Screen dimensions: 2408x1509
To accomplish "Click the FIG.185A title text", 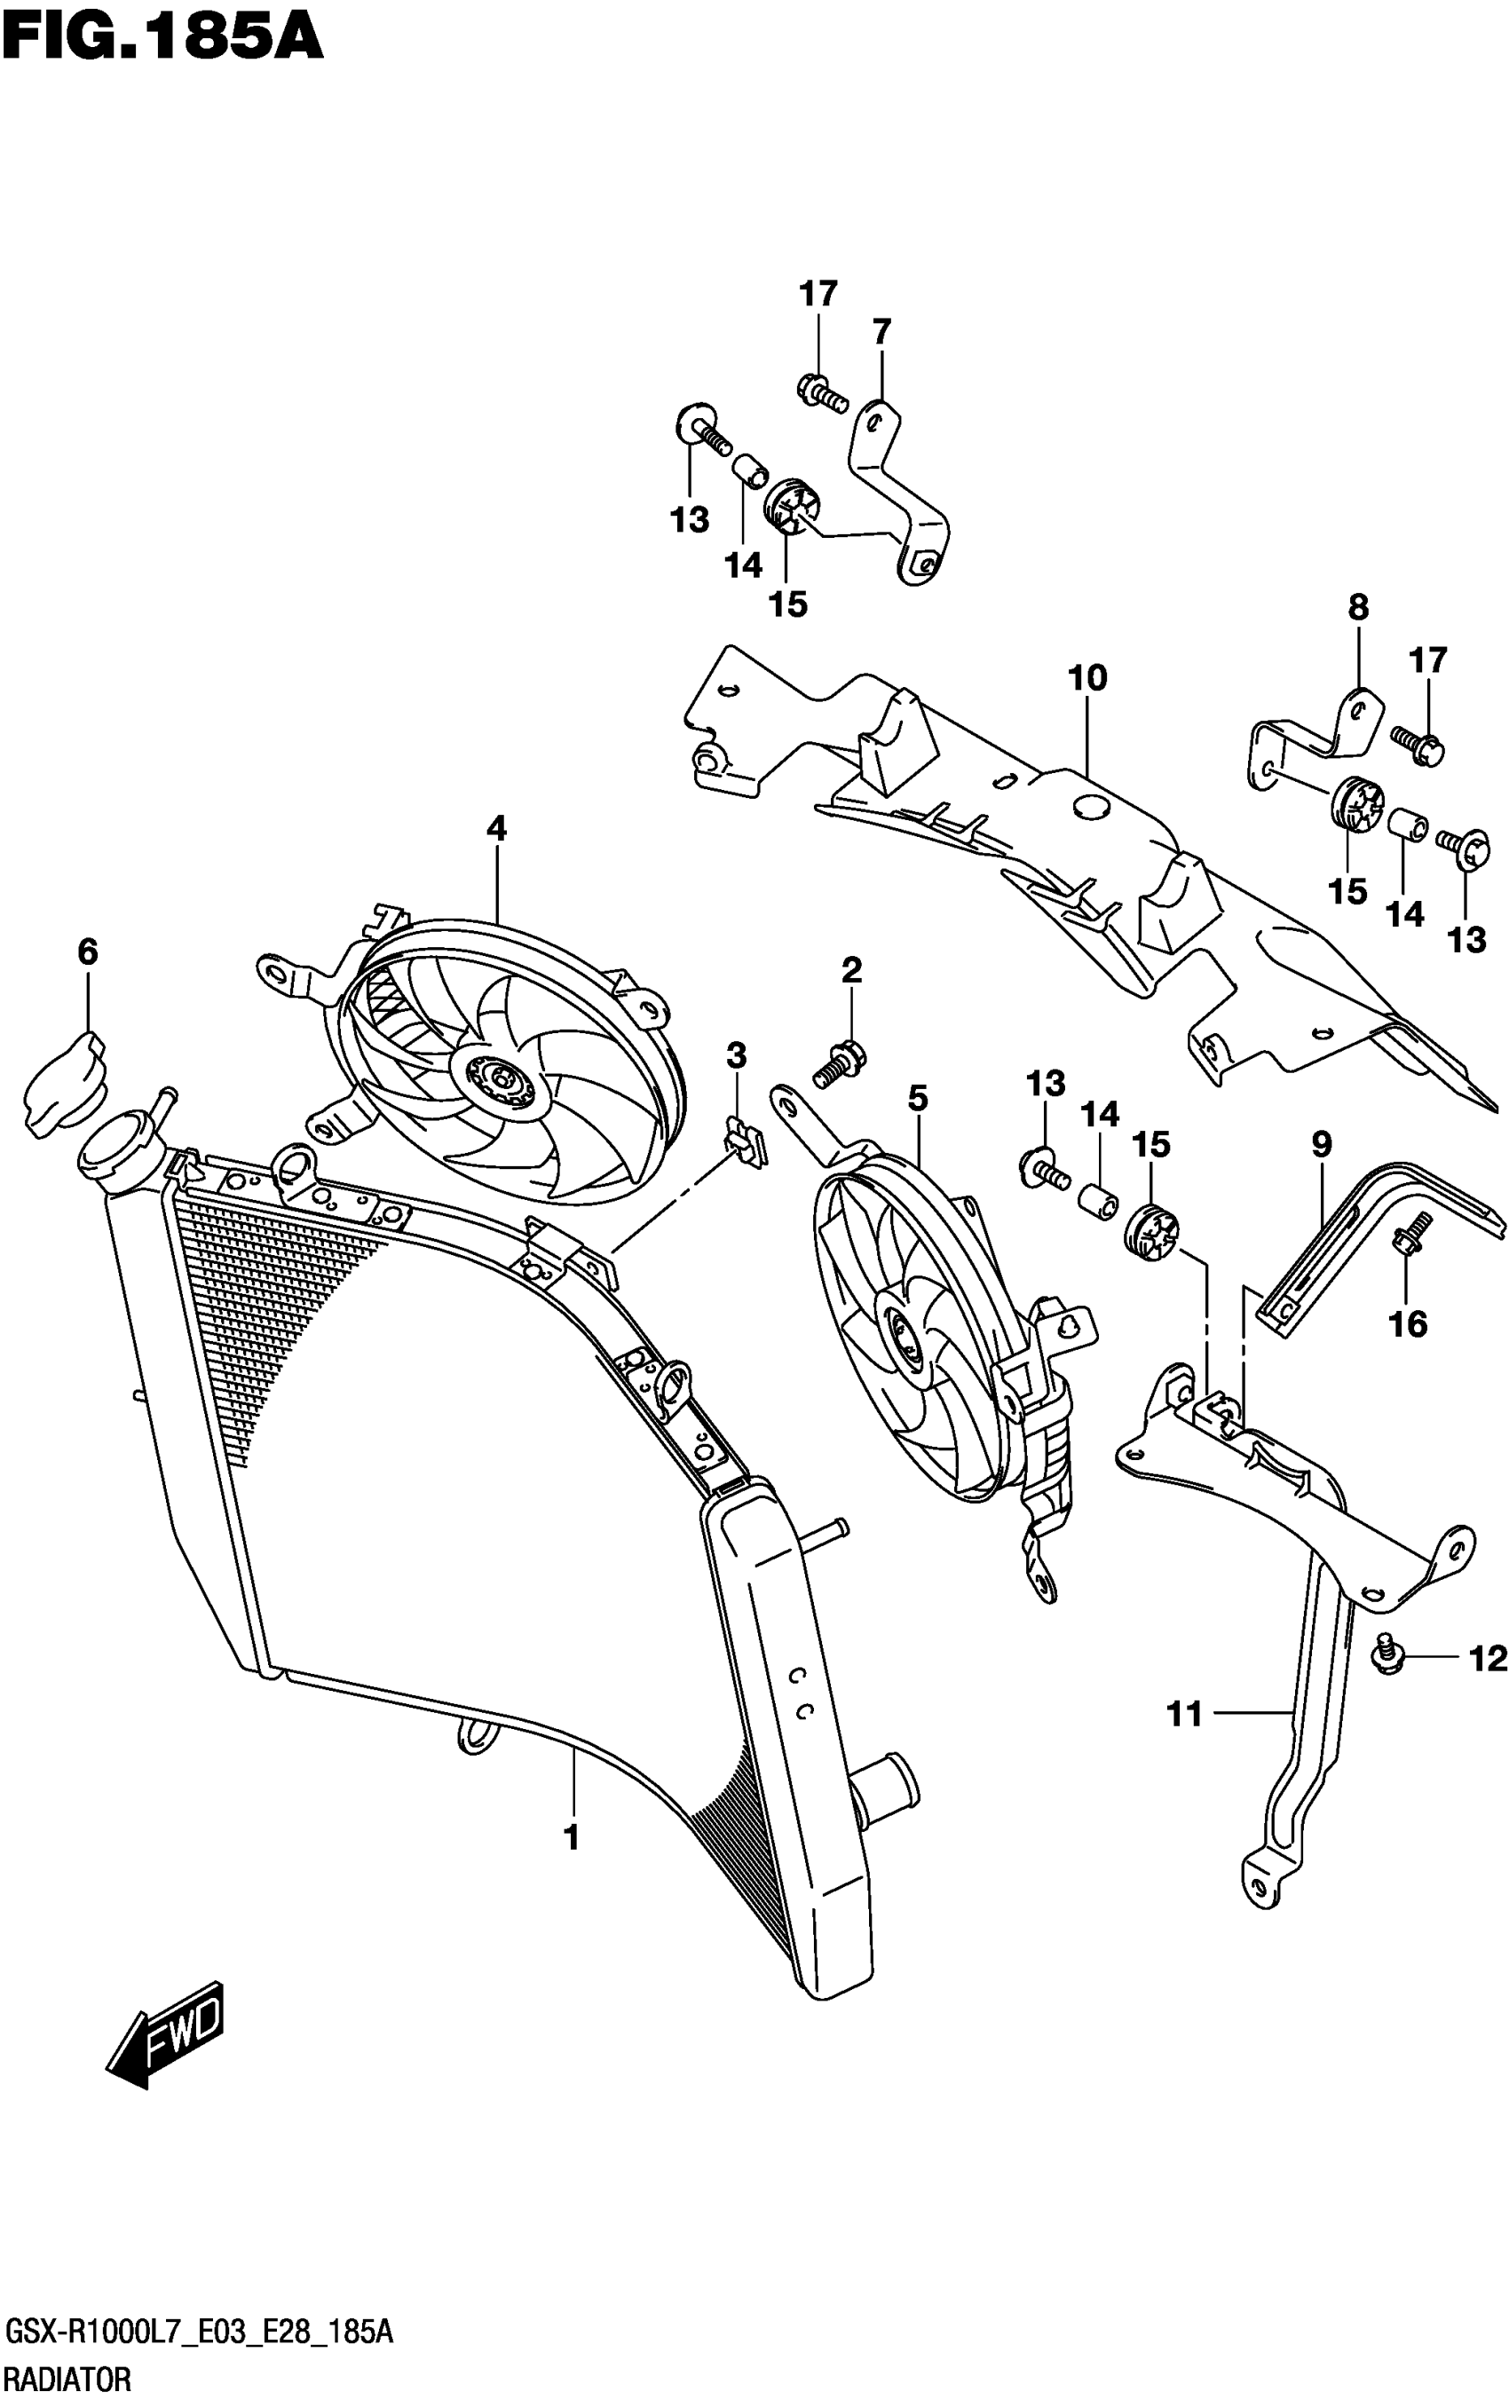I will pyautogui.click(x=162, y=38).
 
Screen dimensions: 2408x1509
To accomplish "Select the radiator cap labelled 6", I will pyautogui.click(x=63, y=1084).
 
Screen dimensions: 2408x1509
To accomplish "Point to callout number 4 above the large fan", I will pyautogui.click(x=496, y=828).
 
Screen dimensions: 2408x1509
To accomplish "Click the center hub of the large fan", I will pyautogui.click(x=499, y=1082).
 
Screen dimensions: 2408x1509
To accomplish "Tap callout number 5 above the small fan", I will pyautogui.click(x=917, y=1099).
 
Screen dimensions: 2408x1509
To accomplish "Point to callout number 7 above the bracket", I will pyautogui.click(x=881, y=331).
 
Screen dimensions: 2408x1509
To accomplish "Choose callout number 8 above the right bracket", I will pyautogui.click(x=1357, y=608).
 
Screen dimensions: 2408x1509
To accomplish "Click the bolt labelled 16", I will pyautogui.click(x=1410, y=1236).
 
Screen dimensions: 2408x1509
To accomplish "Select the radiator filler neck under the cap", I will pyautogui.click(x=118, y=1149).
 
